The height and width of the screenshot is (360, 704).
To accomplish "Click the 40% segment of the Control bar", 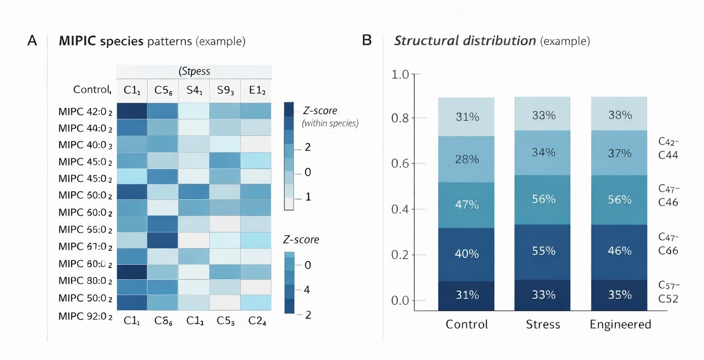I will pyautogui.click(x=467, y=254).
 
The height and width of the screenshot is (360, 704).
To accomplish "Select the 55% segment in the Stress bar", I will pyautogui.click(x=543, y=251).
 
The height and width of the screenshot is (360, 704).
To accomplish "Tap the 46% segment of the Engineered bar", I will pyautogui.click(x=620, y=251).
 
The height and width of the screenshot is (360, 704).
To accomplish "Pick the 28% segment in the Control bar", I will pyautogui.click(x=467, y=160).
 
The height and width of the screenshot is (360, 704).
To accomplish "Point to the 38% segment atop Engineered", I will pyautogui.click(x=620, y=115).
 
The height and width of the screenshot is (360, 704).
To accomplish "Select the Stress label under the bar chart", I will pyautogui.click(x=543, y=324).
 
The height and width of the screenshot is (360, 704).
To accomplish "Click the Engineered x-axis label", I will pyautogui.click(x=620, y=324).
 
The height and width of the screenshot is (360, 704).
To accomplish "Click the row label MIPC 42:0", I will pyautogui.click(x=85, y=111).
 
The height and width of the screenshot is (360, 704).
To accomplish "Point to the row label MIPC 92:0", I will pyautogui.click(x=85, y=316).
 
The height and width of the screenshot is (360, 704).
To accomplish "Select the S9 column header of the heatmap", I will pyautogui.click(x=225, y=90).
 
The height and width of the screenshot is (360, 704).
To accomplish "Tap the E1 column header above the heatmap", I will pyautogui.click(x=256, y=90).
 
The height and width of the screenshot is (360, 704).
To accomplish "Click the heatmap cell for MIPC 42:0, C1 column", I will pyautogui.click(x=132, y=111).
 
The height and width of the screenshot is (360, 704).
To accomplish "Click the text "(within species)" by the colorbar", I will pyautogui.click(x=330, y=123).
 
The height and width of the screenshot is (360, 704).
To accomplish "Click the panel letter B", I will pyautogui.click(x=367, y=40).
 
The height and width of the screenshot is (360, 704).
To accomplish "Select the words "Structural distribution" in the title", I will pyautogui.click(x=465, y=40).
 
